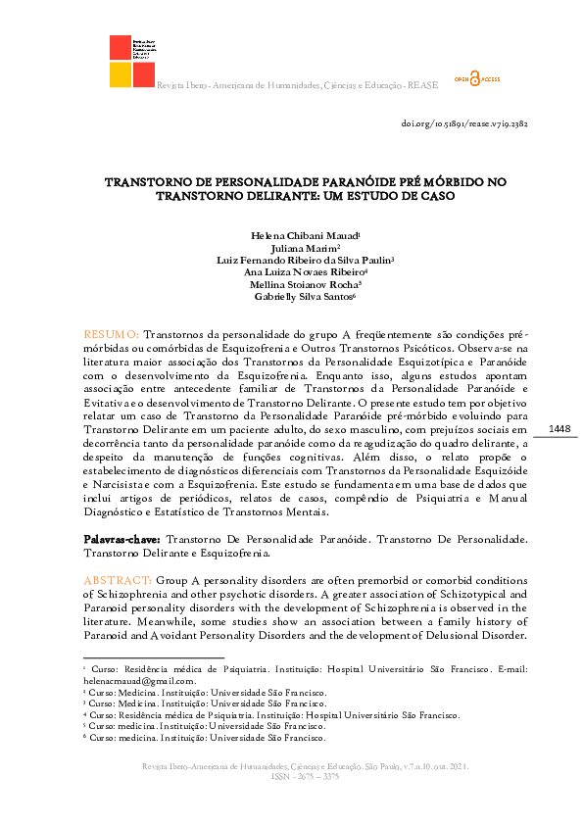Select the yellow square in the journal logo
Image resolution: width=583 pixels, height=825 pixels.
tap(121, 74)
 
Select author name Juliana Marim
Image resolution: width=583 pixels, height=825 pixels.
tap(290, 249)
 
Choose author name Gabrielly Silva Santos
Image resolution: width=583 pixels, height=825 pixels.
tap(290, 296)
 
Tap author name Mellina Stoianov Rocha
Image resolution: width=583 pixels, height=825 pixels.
tap(290, 284)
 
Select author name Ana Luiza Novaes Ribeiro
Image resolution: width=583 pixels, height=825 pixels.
tap(290, 272)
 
